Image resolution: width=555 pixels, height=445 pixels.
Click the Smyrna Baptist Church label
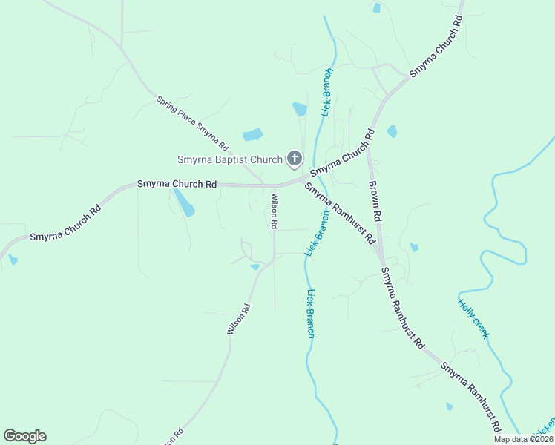click(x=230, y=159)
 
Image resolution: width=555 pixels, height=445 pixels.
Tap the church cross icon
click(x=295, y=158)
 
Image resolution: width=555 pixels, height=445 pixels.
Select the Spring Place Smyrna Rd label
click(x=192, y=123)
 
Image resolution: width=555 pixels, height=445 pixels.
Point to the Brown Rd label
click(x=375, y=201)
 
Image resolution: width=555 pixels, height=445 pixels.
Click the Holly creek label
click(x=473, y=317)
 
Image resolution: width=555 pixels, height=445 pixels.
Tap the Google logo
click(x=24, y=436)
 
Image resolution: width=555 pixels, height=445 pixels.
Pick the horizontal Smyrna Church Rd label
click(x=177, y=183)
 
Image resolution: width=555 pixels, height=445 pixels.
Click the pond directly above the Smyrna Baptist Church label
click(x=253, y=135)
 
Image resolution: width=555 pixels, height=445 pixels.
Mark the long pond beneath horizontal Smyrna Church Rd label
click(x=183, y=202)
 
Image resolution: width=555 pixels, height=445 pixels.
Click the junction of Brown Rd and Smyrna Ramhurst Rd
click(x=381, y=260)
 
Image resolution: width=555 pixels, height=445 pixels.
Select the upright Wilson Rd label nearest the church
click(x=275, y=211)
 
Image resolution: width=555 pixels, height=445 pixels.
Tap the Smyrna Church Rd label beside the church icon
click(x=342, y=154)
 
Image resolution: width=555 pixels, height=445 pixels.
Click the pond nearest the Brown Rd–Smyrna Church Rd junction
click(x=392, y=131)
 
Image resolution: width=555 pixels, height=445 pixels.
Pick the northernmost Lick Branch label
click(x=326, y=92)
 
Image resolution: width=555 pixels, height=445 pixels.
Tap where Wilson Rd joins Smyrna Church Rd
click(x=265, y=185)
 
